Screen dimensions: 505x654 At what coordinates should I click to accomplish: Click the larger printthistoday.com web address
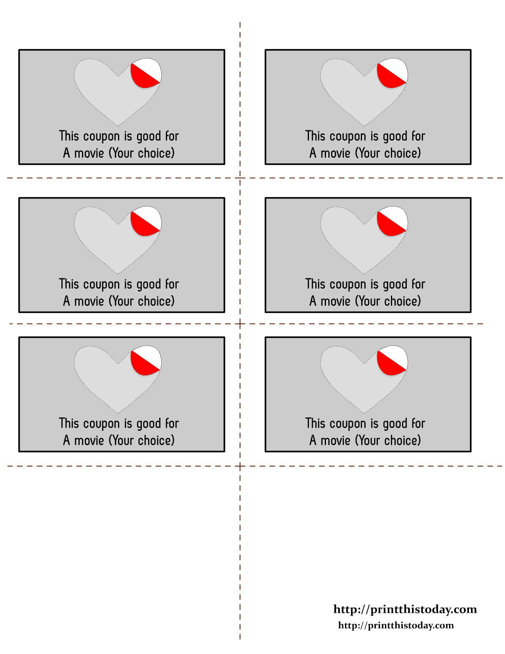pyautogui.click(x=405, y=610)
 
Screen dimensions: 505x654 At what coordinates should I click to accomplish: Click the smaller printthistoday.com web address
pyautogui.click(x=396, y=625)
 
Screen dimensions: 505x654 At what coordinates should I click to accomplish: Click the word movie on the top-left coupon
pyautogui.click(x=89, y=153)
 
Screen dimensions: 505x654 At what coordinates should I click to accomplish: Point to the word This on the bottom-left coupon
pyautogui.click(x=69, y=423)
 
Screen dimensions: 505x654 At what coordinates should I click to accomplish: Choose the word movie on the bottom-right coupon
pyautogui.click(x=335, y=441)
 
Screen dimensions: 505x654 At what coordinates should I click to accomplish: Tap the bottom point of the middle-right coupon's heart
pyautogui.click(x=364, y=274)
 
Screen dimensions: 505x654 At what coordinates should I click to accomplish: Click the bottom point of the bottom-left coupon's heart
pyautogui.click(x=118, y=413)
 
